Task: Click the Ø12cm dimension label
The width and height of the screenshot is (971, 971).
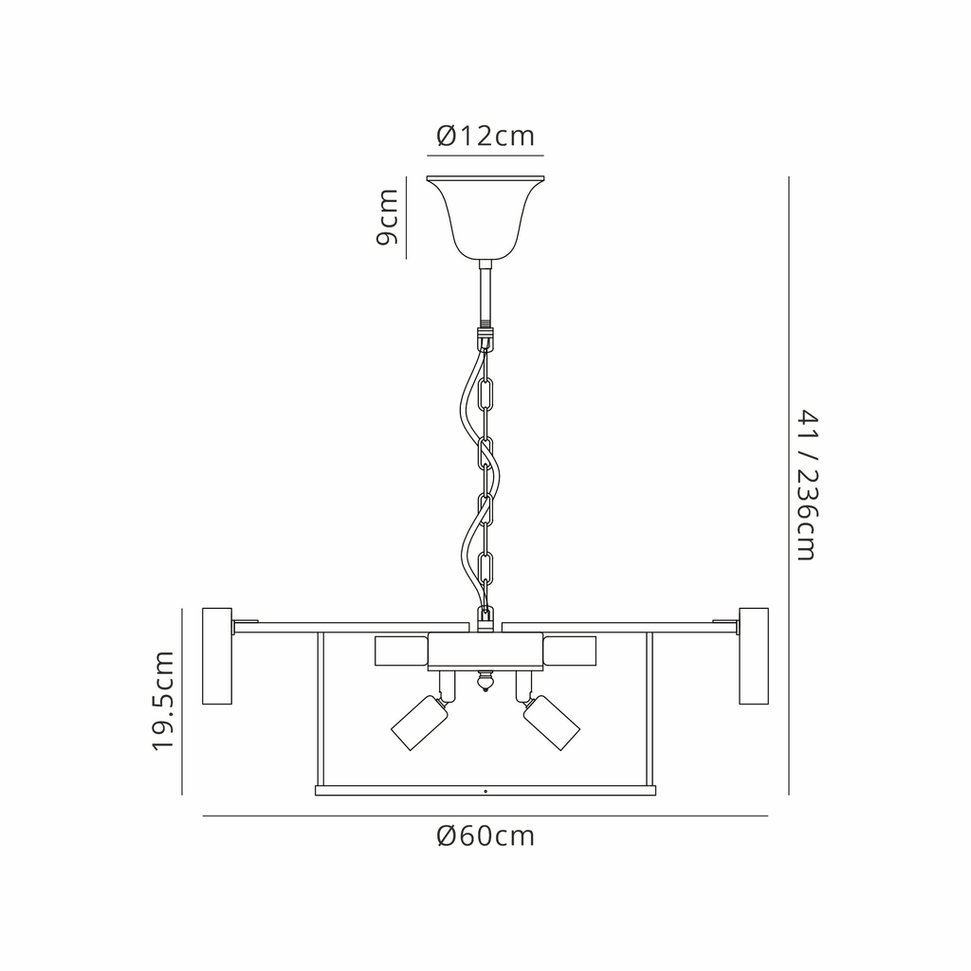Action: pyautogui.click(x=485, y=137)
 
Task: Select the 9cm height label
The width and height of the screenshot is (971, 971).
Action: pyautogui.click(x=387, y=217)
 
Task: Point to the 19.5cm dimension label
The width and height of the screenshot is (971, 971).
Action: pyautogui.click(x=165, y=702)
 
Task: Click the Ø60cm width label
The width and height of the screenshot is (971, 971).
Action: pyautogui.click(x=485, y=836)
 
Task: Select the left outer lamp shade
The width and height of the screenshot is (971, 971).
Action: pyautogui.click(x=217, y=656)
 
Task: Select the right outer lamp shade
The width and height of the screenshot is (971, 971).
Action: pyautogui.click(x=754, y=656)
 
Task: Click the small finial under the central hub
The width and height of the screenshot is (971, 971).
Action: pyautogui.click(x=485, y=682)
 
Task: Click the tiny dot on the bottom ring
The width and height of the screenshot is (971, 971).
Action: pyautogui.click(x=485, y=790)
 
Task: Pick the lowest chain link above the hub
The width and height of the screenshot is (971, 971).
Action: pyautogui.click(x=485, y=569)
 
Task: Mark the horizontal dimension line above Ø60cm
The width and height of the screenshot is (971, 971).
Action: pyautogui.click(x=485, y=816)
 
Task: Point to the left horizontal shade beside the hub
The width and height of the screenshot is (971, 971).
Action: pyautogui.click(x=402, y=651)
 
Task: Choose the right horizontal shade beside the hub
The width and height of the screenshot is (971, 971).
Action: pyautogui.click(x=569, y=651)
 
